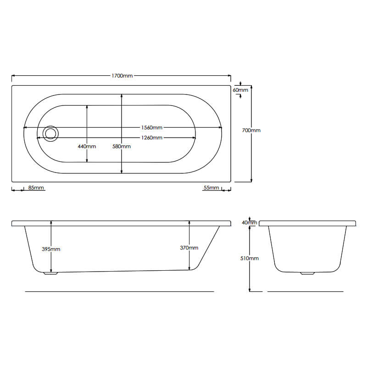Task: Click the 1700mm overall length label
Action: (122, 76)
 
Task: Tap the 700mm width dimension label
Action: (251, 130)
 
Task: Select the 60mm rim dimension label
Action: (240, 90)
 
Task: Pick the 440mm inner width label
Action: (87, 146)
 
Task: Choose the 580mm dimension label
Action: (122, 146)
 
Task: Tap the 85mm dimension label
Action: (36, 188)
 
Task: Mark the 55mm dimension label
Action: (211, 188)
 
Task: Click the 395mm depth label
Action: (51, 249)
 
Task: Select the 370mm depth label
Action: (189, 248)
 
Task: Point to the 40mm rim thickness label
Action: (250, 222)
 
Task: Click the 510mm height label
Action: (250, 258)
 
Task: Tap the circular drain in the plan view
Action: (50, 133)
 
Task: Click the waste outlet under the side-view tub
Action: (51, 274)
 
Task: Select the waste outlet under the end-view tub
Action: (307, 274)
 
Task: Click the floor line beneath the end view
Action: (305, 291)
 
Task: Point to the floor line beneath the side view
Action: (119, 291)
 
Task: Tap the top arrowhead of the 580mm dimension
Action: (122, 96)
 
